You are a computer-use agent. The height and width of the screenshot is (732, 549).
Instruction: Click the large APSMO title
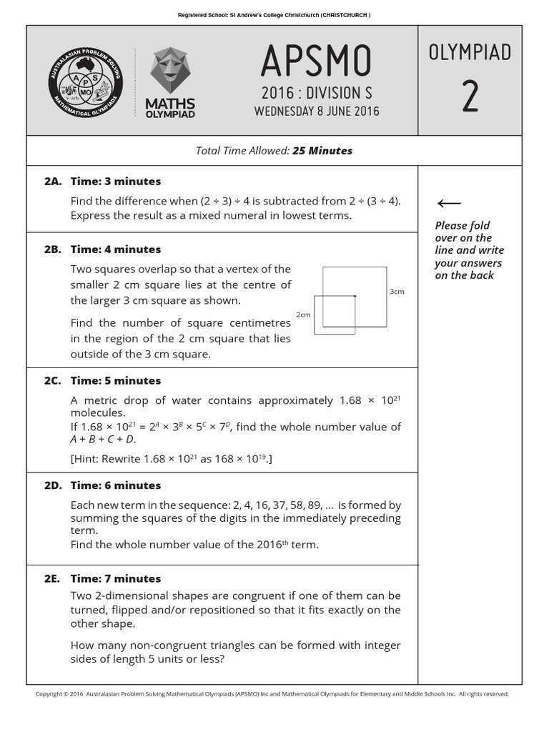(x=316, y=61)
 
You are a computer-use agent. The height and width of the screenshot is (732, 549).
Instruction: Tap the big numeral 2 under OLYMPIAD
(x=470, y=97)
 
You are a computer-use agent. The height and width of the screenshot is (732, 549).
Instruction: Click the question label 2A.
(x=52, y=182)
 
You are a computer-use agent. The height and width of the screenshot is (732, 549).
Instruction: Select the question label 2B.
(x=52, y=249)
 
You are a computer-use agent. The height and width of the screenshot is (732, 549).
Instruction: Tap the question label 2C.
(x=52, y=381)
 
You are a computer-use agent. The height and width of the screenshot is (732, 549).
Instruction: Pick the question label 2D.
(x=52, y=485)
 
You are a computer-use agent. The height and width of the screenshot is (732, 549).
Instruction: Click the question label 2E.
(x=52, y=579)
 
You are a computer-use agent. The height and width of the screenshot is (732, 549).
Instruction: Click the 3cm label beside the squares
(x=397, y=292)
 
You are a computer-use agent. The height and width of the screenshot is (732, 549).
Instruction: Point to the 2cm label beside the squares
(x=303, y=315)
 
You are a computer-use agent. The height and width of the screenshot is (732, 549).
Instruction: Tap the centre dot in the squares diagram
(x=355, y=295)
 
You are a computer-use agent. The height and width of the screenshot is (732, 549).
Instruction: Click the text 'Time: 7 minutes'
(x=116, y=579)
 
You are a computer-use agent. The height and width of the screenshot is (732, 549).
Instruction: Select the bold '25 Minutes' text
(x=322, y=151)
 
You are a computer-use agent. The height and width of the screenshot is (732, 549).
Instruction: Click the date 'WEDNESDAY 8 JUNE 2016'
(x=317, y=112)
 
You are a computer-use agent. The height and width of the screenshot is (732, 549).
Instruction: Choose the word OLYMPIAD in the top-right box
(x=470, y=52)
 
